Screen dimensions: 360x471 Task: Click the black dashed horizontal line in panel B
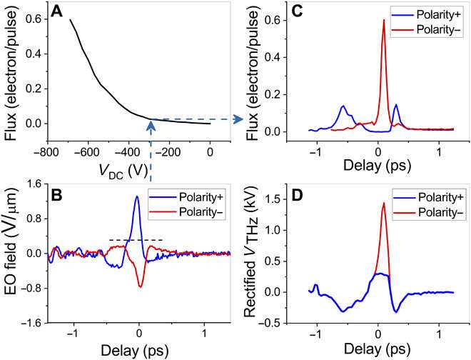click(136, 239)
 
